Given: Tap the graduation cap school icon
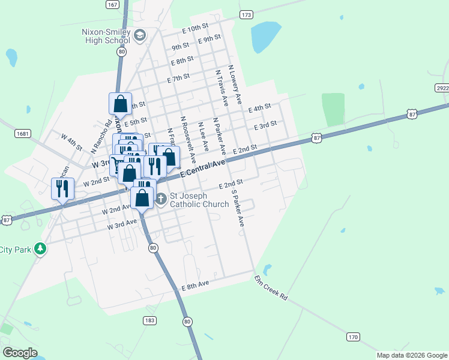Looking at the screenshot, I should [140, 36].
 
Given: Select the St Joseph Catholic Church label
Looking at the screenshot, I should [199, 200].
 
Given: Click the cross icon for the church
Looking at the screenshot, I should [160, 199].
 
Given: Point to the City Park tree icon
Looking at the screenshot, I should [40, 248].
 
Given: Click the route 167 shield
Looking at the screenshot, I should [112, 4].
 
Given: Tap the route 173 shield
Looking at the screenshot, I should [245, 14].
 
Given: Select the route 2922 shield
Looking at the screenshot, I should [442, 88].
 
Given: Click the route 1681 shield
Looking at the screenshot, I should [23, 133].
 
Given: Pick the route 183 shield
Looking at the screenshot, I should [149, 320].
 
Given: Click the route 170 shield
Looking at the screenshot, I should [353, 337].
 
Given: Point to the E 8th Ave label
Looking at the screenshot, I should [195, 286].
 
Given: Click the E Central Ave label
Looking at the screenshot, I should [202, 167].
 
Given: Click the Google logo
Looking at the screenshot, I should [20, 352].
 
